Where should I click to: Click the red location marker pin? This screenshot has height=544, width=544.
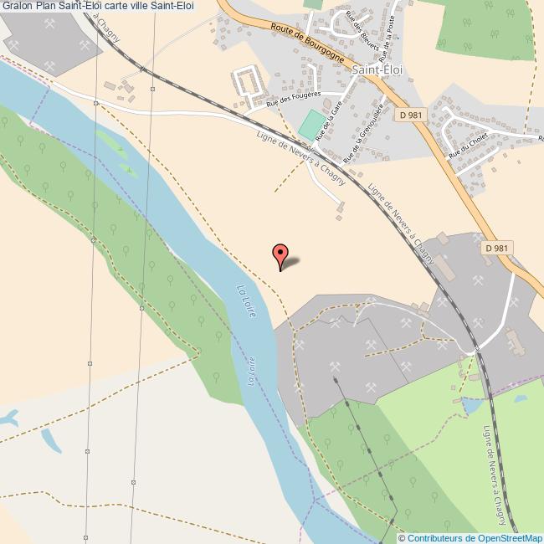[281, 255]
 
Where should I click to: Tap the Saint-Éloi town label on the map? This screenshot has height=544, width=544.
[377, 70]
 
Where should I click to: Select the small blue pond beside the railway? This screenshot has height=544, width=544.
[470, 407]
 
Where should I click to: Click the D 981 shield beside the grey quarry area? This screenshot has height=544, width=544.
[496, 248]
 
